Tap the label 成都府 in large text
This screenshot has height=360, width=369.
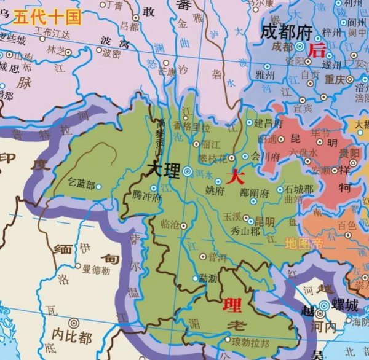coord(287,31)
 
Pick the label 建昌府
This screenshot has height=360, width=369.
coord(269,123)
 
